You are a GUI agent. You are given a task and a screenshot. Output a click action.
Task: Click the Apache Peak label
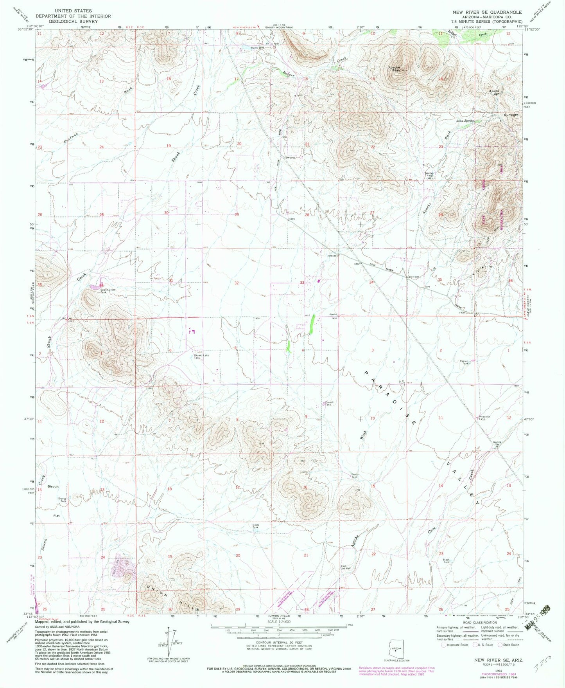(x=394, y=68)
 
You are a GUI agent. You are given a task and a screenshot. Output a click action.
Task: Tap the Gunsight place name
(x=510, y=115)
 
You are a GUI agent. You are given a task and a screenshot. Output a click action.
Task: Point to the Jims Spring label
(x=465, y=121)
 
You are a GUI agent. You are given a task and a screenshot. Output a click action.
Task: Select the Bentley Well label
(x=430, y=175)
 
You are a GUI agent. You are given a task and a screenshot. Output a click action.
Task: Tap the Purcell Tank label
(x=328, y=403)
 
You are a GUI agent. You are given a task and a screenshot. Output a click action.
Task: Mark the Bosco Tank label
(x=354, y=476)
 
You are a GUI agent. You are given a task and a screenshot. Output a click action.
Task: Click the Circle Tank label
(x=255, y=526)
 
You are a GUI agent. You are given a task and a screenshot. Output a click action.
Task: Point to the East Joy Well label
(x=345, y=567)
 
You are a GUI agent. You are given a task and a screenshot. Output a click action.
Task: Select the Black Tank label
(x=446, y=561)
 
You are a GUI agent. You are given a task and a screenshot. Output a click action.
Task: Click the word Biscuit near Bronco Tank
(x=53, y=486)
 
